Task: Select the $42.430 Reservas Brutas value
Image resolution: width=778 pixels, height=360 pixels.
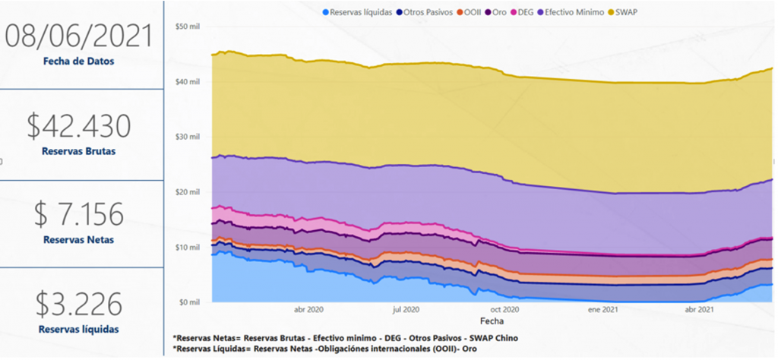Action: [x=78, y=126]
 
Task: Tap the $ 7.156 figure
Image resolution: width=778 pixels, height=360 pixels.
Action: [x=78, y=214]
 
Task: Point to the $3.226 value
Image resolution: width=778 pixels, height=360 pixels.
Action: [x=79, y=304]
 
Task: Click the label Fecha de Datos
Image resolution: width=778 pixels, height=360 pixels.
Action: [x=79, y=61]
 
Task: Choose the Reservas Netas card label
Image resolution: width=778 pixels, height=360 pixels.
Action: [x=78, y=240]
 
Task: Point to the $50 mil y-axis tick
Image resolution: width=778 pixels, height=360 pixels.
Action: [x=187, y=27]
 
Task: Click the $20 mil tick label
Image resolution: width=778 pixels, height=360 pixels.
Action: [x=187, y=192]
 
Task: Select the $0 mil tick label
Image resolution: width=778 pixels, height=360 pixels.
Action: [x=188, y=302]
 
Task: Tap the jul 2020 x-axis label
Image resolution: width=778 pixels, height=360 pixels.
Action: [x=406, y=310]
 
